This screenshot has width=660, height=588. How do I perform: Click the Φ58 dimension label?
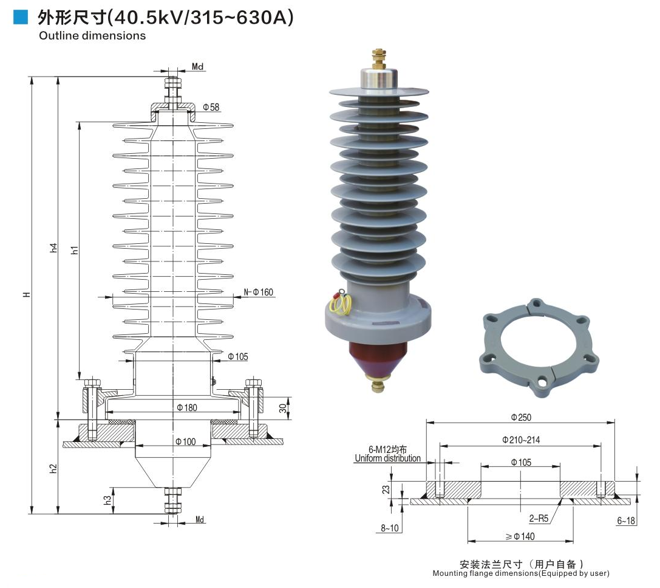(211, 107)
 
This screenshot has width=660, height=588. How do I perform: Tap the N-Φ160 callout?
(259, 292)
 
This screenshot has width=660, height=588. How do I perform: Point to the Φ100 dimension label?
(185, 441)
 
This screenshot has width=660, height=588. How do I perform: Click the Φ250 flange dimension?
(521, 417)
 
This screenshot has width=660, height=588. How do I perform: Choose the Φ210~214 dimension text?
(520, 440)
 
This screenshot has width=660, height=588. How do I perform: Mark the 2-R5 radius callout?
(538, 519)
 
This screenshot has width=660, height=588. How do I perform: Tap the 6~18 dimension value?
(626, 521)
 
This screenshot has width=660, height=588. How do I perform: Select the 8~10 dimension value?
(390, 528)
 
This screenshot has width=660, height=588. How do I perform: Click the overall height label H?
(26, 295)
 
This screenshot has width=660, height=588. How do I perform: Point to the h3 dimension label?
(107, 500)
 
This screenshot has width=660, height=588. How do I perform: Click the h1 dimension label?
(74, 249)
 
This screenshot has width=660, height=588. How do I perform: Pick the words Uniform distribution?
(387, 458)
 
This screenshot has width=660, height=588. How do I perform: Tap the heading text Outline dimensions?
(92, 36)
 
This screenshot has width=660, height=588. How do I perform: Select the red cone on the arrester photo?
(376, 358)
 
